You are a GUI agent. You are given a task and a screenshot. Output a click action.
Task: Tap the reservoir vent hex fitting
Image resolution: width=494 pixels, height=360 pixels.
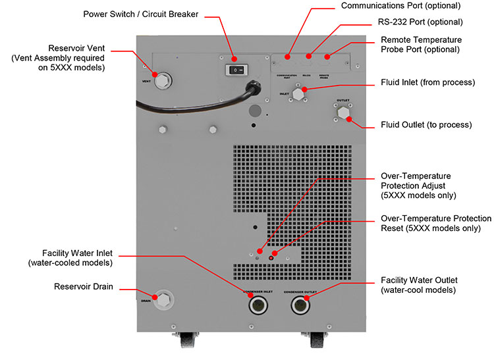coord(161,81)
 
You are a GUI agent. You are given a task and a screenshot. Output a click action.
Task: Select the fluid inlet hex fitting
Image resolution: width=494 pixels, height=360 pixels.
coord(298,95)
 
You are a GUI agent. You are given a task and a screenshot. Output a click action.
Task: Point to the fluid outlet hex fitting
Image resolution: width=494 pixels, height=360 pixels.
coord(343,113)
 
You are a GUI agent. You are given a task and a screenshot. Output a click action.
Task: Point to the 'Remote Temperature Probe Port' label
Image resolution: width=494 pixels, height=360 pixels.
coord(421,45)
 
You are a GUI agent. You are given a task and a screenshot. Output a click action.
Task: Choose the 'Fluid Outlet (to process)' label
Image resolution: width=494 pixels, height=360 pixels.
coord(426,124)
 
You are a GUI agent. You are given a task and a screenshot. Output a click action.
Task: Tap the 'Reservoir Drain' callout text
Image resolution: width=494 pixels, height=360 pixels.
coord(83,286)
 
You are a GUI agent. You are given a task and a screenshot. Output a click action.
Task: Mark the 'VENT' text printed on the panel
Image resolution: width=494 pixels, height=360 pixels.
coord(147,82)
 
